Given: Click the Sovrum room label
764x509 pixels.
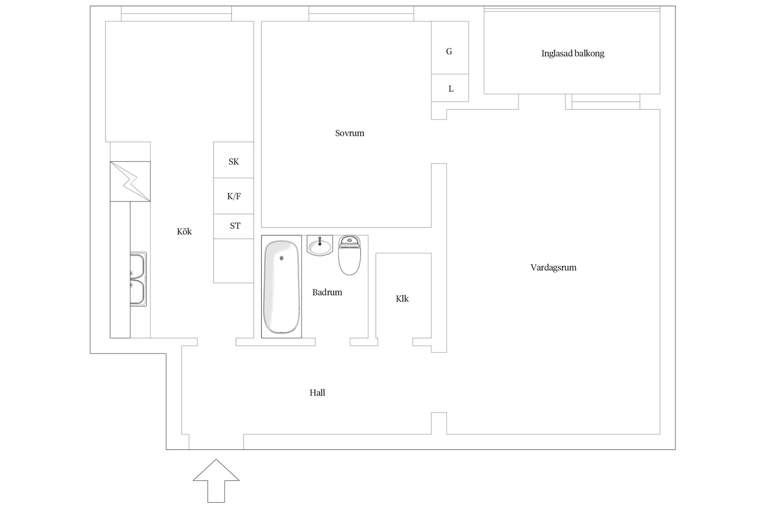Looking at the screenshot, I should tap(349, 133).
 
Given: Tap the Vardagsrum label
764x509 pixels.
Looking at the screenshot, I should tap(553, 268).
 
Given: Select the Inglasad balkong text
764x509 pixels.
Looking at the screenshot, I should tap(573, 53).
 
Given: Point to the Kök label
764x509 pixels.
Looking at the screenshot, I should tap(184, 231).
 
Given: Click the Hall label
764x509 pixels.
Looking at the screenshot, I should tap(317, 393).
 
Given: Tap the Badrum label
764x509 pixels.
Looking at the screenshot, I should tap(327, 292).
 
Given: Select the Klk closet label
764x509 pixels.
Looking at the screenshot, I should tap(402, 299).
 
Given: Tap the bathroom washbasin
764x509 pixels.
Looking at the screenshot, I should tap(320, 247).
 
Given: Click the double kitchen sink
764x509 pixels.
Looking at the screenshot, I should tap(138, 279).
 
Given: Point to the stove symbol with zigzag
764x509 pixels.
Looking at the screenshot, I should tap(130, 181).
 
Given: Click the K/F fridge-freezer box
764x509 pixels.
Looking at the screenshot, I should tap(234, 196).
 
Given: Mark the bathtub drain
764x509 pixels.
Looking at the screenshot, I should tap(281, 258).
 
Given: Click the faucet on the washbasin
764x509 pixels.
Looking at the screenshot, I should tap(320, 241).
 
